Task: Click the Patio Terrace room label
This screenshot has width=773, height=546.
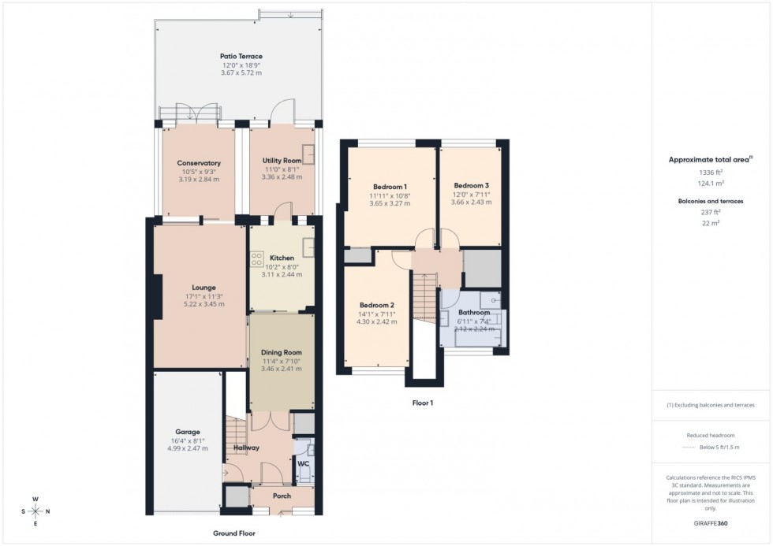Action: click(x=241, y=56)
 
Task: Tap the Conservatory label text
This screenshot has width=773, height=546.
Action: click(x=198, y=163)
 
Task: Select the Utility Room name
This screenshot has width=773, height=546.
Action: click(x=282, y=161)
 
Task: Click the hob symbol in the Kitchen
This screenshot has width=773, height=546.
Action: click(x=258, y=259)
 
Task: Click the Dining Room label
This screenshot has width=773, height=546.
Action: click(x=282, y=352)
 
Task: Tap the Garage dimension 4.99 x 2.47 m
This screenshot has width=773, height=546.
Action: click(x=188, y=448)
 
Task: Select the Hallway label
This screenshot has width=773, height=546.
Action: click(x=246, y=448)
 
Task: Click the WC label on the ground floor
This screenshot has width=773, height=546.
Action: click(x=303, y=463)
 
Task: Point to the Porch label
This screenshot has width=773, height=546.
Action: click(x=282, y=496)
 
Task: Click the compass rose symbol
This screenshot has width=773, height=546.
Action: click(x=35, y=511)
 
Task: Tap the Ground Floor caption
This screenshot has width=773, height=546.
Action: click(x=234, y=533)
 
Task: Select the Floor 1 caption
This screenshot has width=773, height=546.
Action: click(x=423, y=403)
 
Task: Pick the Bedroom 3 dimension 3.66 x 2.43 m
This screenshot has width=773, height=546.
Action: click(x=471, y=202)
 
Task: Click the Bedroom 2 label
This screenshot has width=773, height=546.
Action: click(x=376, y=305)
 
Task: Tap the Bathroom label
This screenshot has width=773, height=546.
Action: click(x=473, y=313)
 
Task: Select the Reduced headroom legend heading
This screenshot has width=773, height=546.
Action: click(x=711, y=435)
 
